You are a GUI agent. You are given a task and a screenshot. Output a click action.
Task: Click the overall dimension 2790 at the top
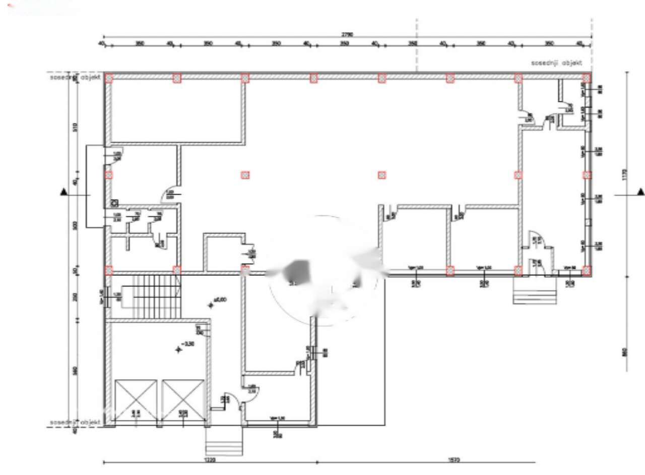tap(347, 34)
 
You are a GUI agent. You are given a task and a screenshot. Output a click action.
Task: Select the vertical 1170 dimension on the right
tap(625, 174)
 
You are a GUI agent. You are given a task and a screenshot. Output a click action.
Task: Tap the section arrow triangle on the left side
tap(64, 192)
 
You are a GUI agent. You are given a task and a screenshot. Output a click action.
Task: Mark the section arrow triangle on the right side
tap(640, 192)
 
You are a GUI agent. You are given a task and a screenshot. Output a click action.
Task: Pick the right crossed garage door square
tap(183, 401)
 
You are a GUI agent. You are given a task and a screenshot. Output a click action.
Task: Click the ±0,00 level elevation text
tap(220, 300)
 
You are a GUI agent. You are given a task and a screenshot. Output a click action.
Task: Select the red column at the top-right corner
tap(587, 78)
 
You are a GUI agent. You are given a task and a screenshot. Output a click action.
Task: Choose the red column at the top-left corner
tap(109, 78)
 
